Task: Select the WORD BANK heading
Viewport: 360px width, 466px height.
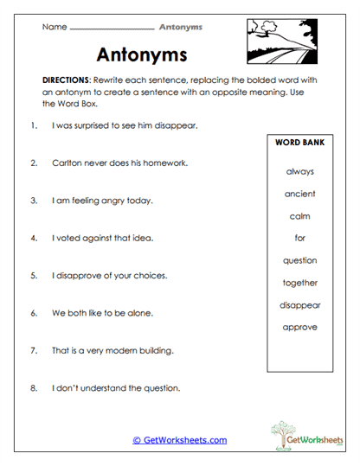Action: click(299, 142)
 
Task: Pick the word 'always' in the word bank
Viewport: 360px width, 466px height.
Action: click(299, 171)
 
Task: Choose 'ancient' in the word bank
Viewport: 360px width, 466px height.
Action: click(299, 194)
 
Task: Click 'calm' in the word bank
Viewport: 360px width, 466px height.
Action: click(299, 216)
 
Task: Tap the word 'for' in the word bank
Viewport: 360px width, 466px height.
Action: click(299, 238)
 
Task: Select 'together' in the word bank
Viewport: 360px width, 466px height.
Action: click(299, 283)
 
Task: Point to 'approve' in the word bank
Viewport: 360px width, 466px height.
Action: click(299, 327)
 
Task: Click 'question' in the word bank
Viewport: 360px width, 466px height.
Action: click(299, 260)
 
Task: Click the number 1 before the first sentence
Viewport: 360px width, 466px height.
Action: click(33, 125)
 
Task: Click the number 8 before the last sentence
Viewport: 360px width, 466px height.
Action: click(33, 388)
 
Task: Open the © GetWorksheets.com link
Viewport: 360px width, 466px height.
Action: click(179, 440)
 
